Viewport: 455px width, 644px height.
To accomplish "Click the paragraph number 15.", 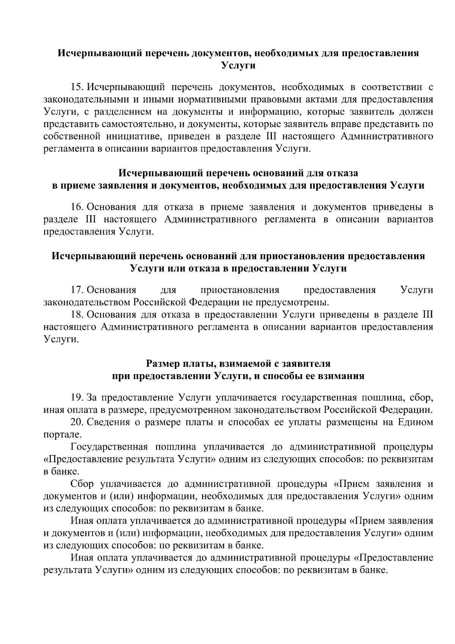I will (x=77, y=88).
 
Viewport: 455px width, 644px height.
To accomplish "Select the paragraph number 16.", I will (x=77, y=207).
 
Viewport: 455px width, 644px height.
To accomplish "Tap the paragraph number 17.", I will (x=77, y=290).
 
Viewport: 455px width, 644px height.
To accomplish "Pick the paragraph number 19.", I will (x=77, y=398).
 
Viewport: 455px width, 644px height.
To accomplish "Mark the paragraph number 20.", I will (x=77, y=422).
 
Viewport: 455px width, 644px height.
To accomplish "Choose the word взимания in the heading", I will (x=343, y=376).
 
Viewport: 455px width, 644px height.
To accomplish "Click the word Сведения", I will (x=108, y=422).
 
